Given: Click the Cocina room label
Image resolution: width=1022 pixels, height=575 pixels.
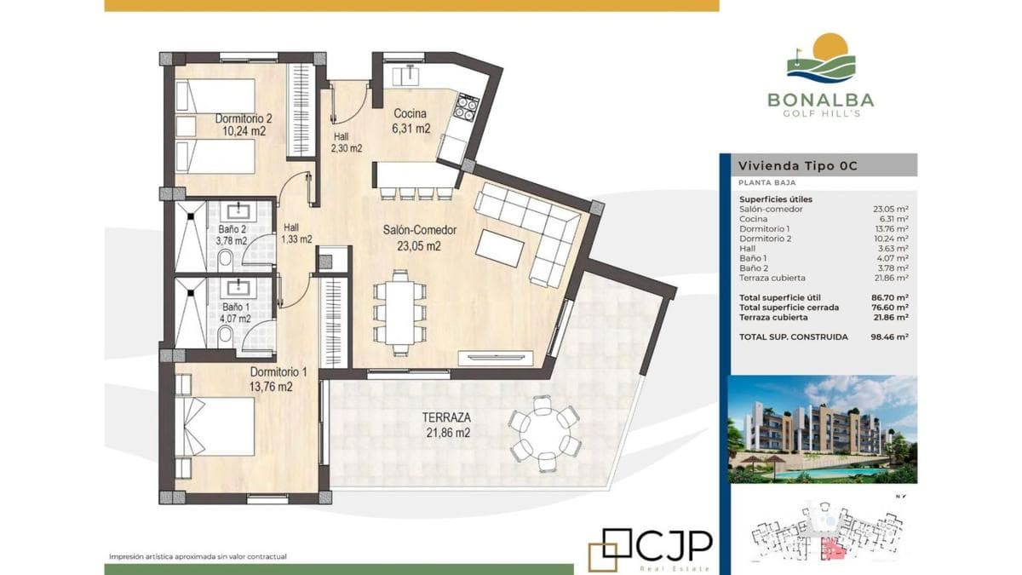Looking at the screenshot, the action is [411, 113].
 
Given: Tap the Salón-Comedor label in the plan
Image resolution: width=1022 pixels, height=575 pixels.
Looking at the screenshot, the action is [419, 230].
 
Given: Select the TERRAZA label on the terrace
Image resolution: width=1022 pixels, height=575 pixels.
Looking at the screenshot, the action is [446, 417].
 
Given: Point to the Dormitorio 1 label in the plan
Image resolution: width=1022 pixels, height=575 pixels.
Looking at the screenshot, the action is [278, 372].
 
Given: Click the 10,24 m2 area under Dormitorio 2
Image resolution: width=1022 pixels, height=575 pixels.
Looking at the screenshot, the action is [244, 131].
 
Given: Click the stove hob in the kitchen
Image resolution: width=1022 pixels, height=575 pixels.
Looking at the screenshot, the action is [466, 107].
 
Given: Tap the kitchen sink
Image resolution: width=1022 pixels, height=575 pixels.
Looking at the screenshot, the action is [405, 75].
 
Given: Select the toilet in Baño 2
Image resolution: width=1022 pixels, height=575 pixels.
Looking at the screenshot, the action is [226, 258].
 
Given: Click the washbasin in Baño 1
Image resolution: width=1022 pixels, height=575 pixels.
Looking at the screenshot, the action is [238, 288].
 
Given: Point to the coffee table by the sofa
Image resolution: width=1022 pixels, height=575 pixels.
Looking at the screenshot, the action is [500, 248].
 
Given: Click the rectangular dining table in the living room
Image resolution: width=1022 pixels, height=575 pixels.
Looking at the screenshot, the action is [399, 312].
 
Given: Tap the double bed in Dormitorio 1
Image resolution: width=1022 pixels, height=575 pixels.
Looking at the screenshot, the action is [215, 426].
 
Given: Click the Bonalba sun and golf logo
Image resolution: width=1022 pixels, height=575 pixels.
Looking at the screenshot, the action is [821, 58].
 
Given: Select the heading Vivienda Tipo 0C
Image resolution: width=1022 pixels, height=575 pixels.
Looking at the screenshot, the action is [798, 165].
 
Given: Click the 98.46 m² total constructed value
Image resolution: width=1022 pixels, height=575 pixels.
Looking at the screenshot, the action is [889, 337].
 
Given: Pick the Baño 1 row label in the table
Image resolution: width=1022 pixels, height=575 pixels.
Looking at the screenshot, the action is [753, 258].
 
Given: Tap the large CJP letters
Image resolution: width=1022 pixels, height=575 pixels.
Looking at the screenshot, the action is [675, 546].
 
